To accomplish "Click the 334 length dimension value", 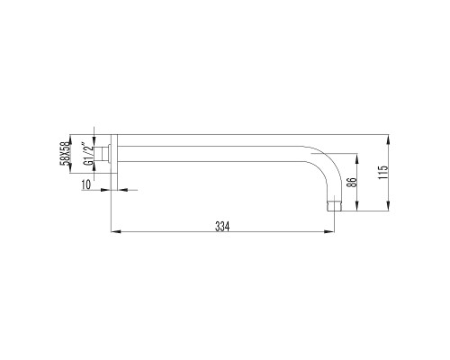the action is pyautogui.click(x=222, y=227).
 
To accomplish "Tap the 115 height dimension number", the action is pyautogui.click(x=383, y=173).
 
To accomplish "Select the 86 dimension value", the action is pyautogui.click(x=352, y=183).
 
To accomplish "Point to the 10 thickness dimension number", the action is pyautogui.click(x=85, y=184).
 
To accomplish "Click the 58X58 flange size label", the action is pyautogui.click(x=65, y=154).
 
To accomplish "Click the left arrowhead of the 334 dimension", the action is pyautogui.click(x=116, y=231).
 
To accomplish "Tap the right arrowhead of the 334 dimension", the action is pyautogui.click(x=329, y=231).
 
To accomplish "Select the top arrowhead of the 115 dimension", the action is pyautogui.click(x=389, y=139).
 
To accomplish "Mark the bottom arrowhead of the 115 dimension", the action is pyautogui.click(x=389, y=206).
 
